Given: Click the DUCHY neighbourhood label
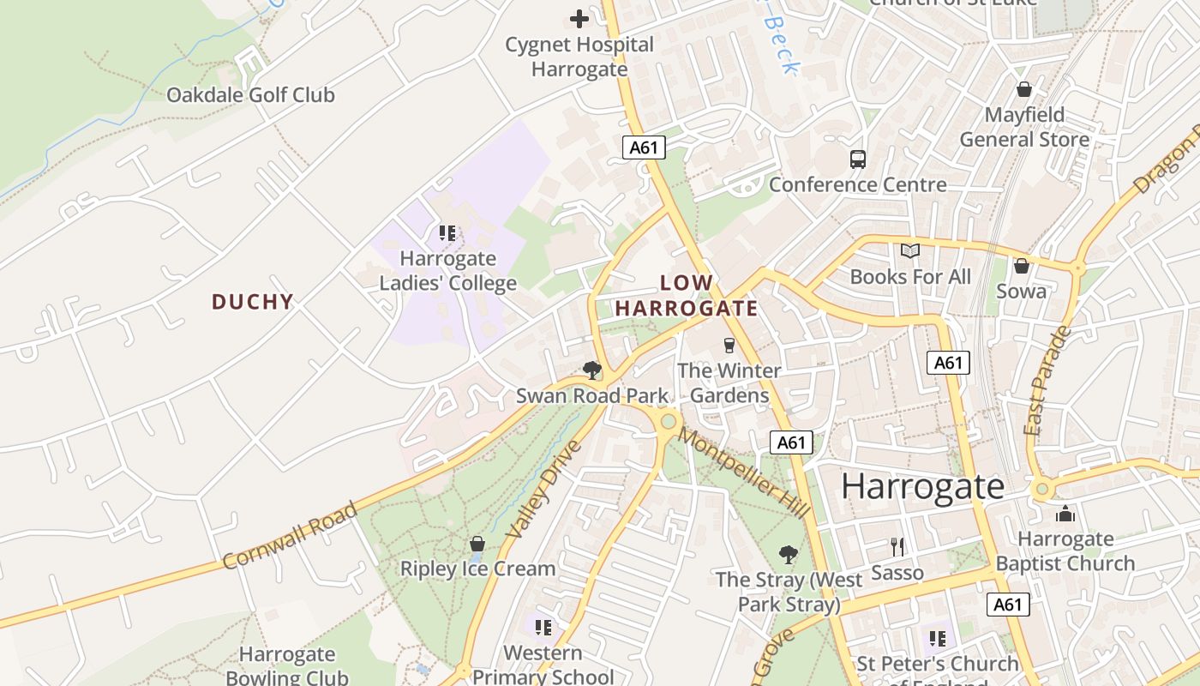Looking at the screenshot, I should pos(253,302).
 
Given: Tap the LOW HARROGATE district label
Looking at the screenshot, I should pos(687,296).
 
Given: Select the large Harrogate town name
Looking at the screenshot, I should pos(922,486).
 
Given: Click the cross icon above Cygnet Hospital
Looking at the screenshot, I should pos(579,18).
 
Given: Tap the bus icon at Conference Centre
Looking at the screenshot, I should pos(858,159).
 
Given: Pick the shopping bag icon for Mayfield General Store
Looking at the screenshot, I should pos(1023,89).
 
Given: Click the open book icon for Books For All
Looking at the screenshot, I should pos(910,251).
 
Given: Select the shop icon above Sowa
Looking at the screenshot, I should pos(1021,266).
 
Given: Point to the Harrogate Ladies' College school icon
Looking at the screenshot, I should pos(447,232).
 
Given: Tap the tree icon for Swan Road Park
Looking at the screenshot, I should pos(591,370).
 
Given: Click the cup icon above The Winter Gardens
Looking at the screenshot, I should pos(729,345).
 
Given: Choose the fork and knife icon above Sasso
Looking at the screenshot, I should pos(897,546).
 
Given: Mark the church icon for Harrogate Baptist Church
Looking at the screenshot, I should pos(1065,514).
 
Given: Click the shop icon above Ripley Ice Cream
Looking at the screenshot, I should pos(477,544).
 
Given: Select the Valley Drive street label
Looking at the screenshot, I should pos(543,490).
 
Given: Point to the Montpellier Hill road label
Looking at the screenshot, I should pos(743,472).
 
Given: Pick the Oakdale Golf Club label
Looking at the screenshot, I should pos(250,95).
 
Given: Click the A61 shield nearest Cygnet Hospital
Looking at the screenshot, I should pos(644,147).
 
